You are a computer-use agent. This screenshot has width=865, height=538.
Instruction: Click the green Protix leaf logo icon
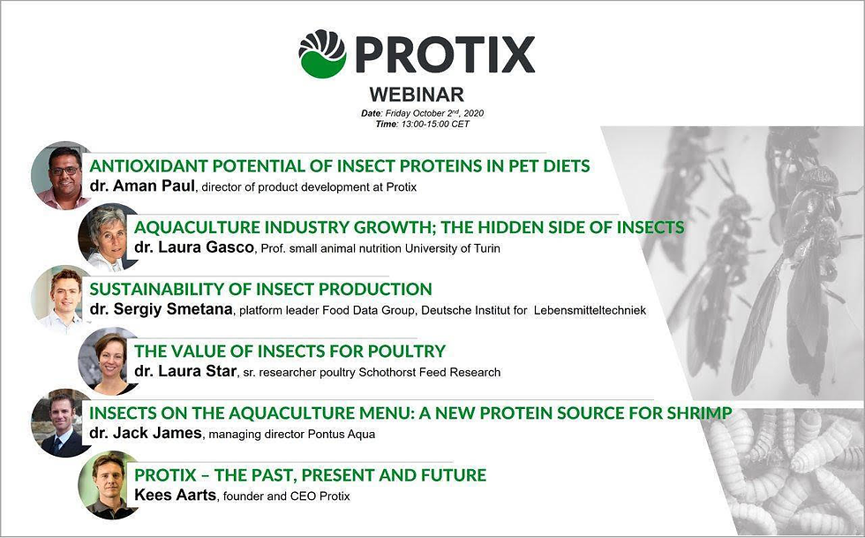point(322,54)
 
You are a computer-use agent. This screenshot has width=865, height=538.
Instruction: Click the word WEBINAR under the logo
point(416,95)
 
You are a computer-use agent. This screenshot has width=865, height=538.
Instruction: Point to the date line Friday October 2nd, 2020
point(423,113)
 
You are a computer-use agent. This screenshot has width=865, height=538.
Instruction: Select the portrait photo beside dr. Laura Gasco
point(107,236)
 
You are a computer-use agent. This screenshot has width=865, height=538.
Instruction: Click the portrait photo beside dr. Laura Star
point(107,360)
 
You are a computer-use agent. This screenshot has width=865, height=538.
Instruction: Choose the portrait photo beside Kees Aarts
point(107,484)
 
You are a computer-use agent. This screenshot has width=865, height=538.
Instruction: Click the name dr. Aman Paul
point(145,186)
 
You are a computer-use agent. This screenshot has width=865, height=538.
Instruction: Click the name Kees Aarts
point(174,496)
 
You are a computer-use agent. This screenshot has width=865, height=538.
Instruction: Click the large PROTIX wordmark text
point(446,55)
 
